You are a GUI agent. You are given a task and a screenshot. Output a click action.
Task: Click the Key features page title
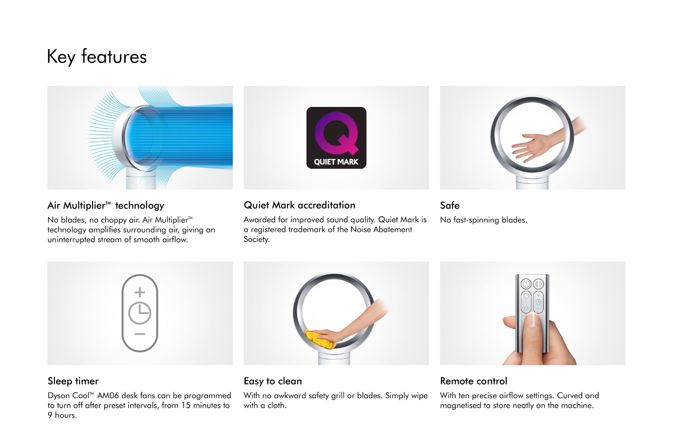tap(97, 57)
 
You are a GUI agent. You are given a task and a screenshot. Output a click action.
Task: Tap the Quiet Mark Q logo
tap(336, 138)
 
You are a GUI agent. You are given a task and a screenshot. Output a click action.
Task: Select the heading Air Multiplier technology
tap(106, 205)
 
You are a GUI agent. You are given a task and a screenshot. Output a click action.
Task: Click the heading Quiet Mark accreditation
tap(299, 205)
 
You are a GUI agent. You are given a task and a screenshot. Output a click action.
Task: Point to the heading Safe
tap(450, 205)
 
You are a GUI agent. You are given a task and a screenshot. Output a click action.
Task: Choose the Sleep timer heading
tap(73, 381)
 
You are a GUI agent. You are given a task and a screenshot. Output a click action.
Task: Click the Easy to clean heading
tap(273, 381)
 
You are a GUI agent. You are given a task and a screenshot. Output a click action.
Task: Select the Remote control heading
tap(474, 381)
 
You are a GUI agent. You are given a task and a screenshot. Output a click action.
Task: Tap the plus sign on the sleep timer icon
tap(140, 292)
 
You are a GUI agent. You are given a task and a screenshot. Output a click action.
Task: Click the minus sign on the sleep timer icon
tap(140, 334)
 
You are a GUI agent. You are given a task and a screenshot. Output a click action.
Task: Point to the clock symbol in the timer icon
tap(140, 313)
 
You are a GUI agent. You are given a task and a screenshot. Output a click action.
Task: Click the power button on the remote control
tap(526, 284)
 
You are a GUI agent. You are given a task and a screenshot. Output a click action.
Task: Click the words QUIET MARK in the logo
tap(336, 162)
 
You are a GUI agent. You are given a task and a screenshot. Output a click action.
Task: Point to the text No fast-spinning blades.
tap(483, 220)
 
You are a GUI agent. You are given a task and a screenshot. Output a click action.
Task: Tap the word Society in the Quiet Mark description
tap(256, 239)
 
